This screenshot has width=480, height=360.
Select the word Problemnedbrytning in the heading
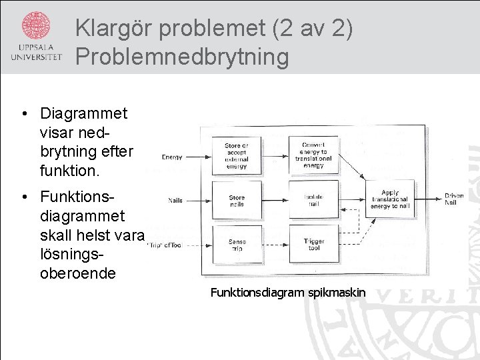[182, 57]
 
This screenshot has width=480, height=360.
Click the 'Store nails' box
[237, 201]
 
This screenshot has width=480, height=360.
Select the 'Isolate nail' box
[313, 201]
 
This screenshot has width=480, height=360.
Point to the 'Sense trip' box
[237, 245]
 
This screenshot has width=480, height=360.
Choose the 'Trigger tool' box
[313, 245]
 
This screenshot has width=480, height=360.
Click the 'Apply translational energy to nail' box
[390, 199]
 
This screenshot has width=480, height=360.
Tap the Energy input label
[171, 157]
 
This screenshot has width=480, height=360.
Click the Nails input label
[175, 200]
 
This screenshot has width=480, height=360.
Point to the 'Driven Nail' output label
[454, 199]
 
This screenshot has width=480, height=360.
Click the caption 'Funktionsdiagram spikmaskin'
[288, 292]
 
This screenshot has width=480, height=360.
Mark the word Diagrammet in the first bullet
[83, 113]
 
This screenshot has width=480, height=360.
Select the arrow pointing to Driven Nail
[428, 198]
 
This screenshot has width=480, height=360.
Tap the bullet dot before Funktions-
[24, 197]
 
